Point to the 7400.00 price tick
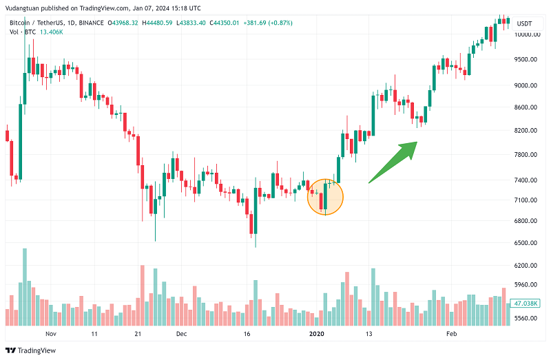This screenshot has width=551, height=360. (524, 180)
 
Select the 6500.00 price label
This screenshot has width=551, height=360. (524, 243)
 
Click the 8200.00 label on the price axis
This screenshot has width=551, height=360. (524, 130)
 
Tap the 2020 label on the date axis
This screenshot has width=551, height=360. (316, 334)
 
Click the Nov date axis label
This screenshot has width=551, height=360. (50, 334)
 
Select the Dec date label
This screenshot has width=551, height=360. (181, 334)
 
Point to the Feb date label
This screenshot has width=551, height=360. (452, 334)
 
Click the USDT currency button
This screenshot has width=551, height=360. (524, 23)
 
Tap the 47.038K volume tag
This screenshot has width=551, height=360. (525, 303)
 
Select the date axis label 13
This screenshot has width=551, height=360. (369, 334)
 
